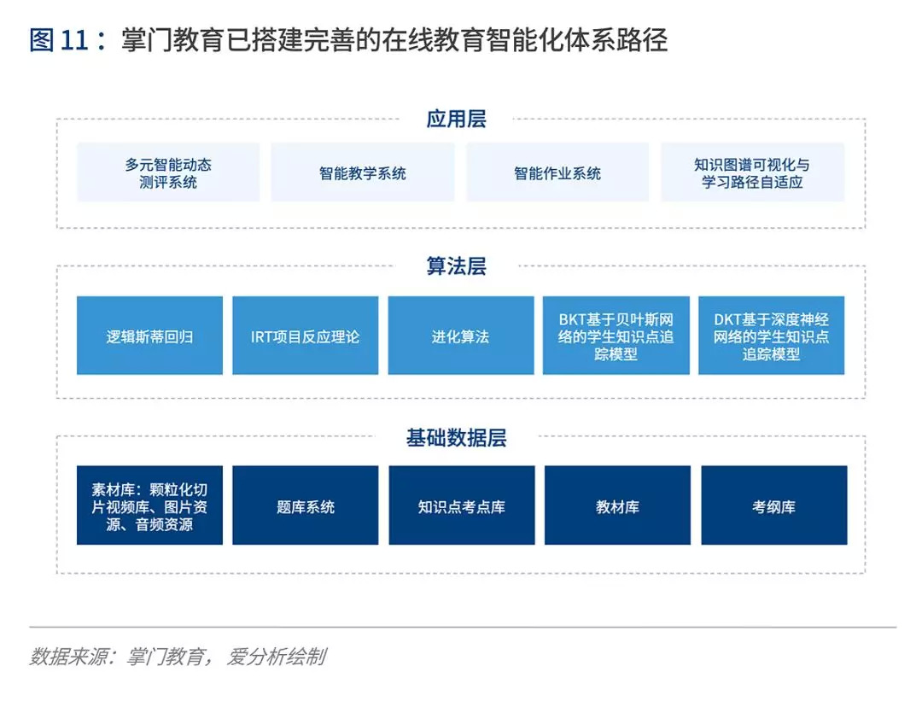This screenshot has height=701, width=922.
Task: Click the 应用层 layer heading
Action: pos(456,119)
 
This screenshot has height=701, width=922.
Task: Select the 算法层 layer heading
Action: pos(456,266)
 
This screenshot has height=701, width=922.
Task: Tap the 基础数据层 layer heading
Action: pos(456,438)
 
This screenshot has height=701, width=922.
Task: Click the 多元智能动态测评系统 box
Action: pos(168,172)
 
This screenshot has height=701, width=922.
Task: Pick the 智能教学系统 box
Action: pos(363,172)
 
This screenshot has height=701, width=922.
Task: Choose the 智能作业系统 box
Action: pos(557,172)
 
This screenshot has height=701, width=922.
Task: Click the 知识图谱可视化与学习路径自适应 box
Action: pos(752,172)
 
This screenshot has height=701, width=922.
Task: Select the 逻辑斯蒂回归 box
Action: pos(149,336)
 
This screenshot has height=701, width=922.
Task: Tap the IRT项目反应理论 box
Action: pos(305,336)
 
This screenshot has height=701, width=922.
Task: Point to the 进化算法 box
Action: pos(460,336)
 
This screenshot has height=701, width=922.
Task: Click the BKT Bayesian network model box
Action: pos(616,336)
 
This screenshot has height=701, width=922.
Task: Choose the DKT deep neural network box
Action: pos(771,336)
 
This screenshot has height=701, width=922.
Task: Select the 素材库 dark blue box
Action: pos(149,505)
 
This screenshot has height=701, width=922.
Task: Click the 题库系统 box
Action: pos(305,505)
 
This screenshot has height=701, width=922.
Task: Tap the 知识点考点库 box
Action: pos(461,505)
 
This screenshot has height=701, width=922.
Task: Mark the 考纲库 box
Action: pos(773,505)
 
